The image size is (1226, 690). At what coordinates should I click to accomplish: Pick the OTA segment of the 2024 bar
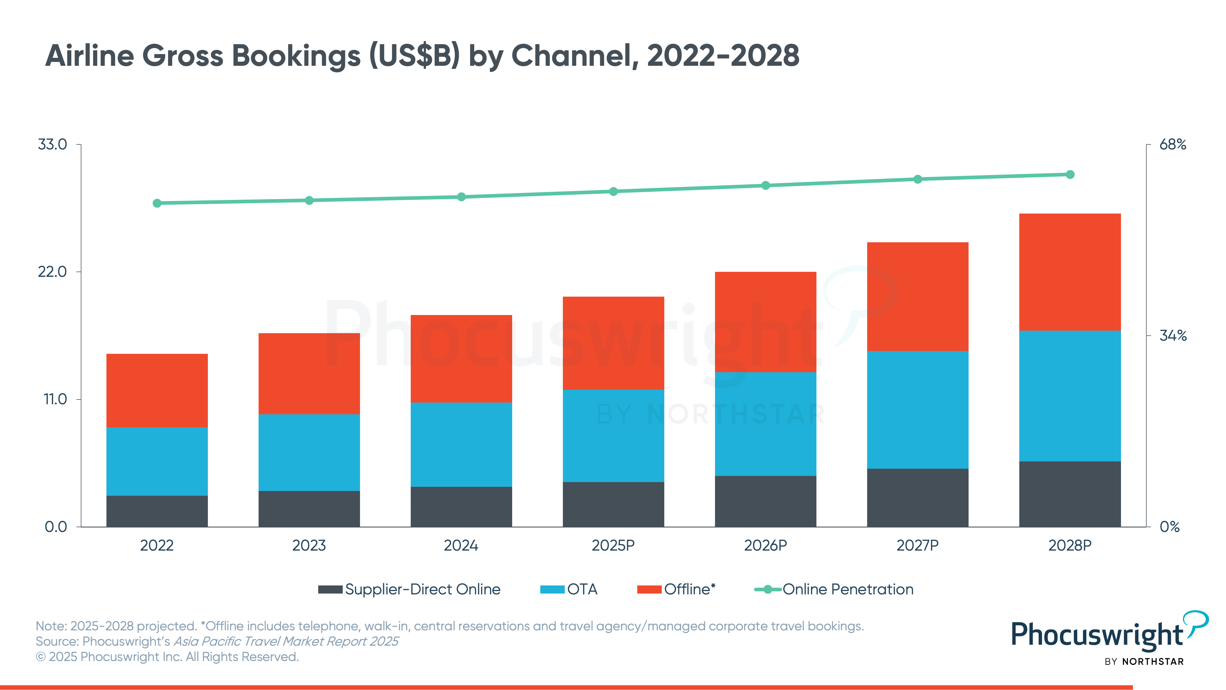coord(461,444)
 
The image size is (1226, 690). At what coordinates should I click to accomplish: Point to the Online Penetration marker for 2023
coord(309,200)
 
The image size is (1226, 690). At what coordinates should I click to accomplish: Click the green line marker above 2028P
coord(1070,175)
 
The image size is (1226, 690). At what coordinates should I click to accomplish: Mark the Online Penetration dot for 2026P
coord(765,185)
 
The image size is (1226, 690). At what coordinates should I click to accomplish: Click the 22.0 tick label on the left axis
coord(52,272)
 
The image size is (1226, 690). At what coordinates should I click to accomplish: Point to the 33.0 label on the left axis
coord(52,144)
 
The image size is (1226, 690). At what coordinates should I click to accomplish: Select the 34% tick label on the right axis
coord(1173,336)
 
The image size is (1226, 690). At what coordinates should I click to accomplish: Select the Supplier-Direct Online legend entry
coord(409,590)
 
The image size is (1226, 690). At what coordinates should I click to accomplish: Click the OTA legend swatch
coord(552,590)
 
